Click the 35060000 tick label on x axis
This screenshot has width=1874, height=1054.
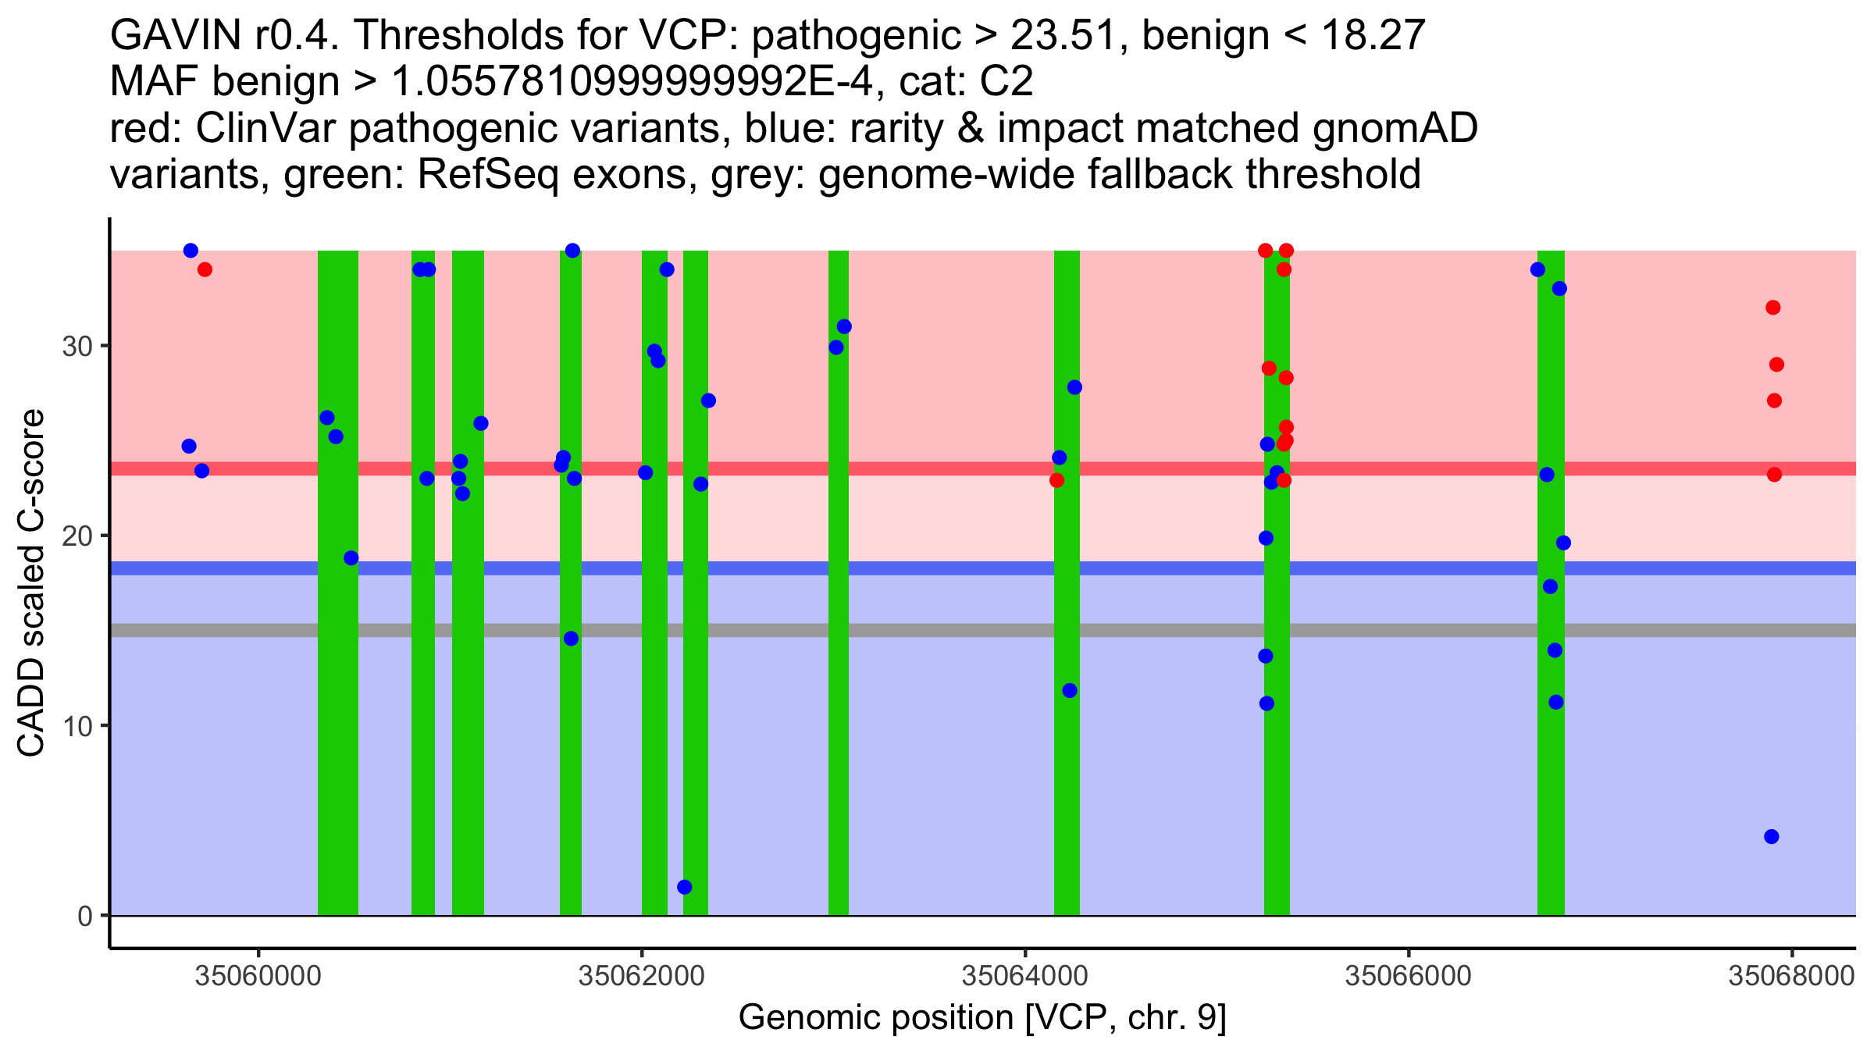tap(258, 976)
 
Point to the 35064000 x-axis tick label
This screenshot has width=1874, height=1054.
tap(1024, 976)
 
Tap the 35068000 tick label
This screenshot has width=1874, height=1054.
tap(1791, 976)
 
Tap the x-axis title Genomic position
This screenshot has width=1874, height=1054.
tap(982, 1018)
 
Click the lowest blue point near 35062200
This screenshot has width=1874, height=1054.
tap(685, 887)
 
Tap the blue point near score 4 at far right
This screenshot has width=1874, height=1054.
tap(1772, 837)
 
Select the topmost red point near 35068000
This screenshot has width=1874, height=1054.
tap(1773, 308)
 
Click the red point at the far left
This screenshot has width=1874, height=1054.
tap(205, 269)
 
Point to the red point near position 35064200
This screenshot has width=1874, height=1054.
tap(1056, 480)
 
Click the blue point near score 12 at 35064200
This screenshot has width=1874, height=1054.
tap(1070, 690)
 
